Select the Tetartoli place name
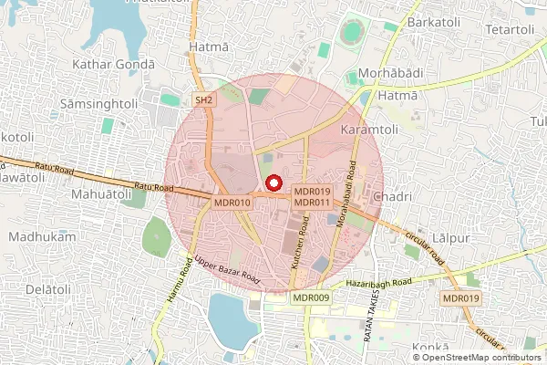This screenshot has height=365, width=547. click(510, 30)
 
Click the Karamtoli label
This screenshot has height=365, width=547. click(371, 131)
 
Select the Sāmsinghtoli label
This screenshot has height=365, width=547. click(98, 104)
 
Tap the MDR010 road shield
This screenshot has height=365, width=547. click(231, 202)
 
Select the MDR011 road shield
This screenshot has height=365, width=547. click(312, 202)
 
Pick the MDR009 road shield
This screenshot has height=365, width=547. click(311, 297)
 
